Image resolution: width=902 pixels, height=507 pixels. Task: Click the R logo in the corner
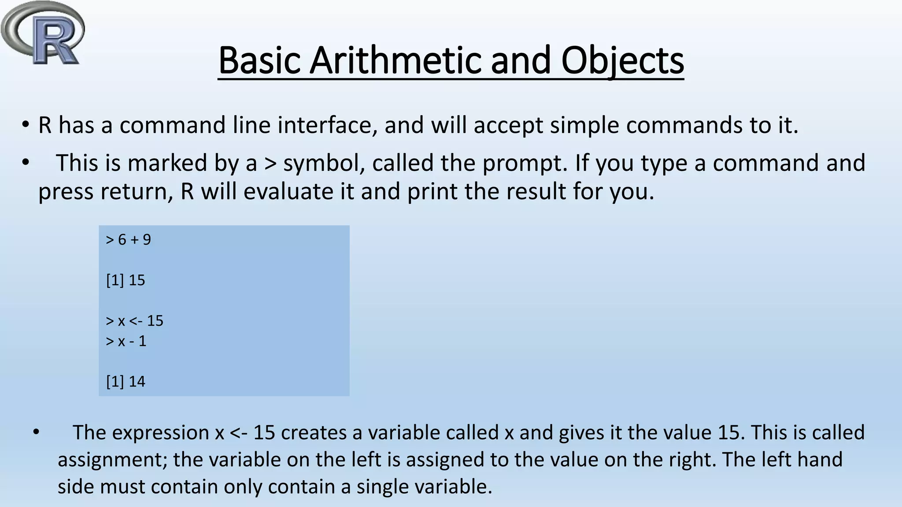pyautogui.click(x=43, y=34)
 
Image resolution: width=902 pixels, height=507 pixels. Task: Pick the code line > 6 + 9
pyautogui.click(x=129, y=240)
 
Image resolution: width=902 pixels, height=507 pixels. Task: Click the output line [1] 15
pyautogui.click(x=126, y=280)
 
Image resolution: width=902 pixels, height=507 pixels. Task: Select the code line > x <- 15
pyautogui.click(x=134, y=321)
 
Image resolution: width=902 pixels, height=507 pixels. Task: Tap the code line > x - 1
pyautogui.click(x=126, y=341)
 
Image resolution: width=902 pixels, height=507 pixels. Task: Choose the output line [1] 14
pyautogui.click(x=126, y=382)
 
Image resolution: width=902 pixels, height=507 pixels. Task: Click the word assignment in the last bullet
pyautogui.click(x=112, y=460)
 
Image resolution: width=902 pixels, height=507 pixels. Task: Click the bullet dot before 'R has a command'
pyautogui.click(x=26, y=125)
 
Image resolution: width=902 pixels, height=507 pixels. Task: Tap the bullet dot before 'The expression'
pyautogui.click(x=36, y=432)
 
